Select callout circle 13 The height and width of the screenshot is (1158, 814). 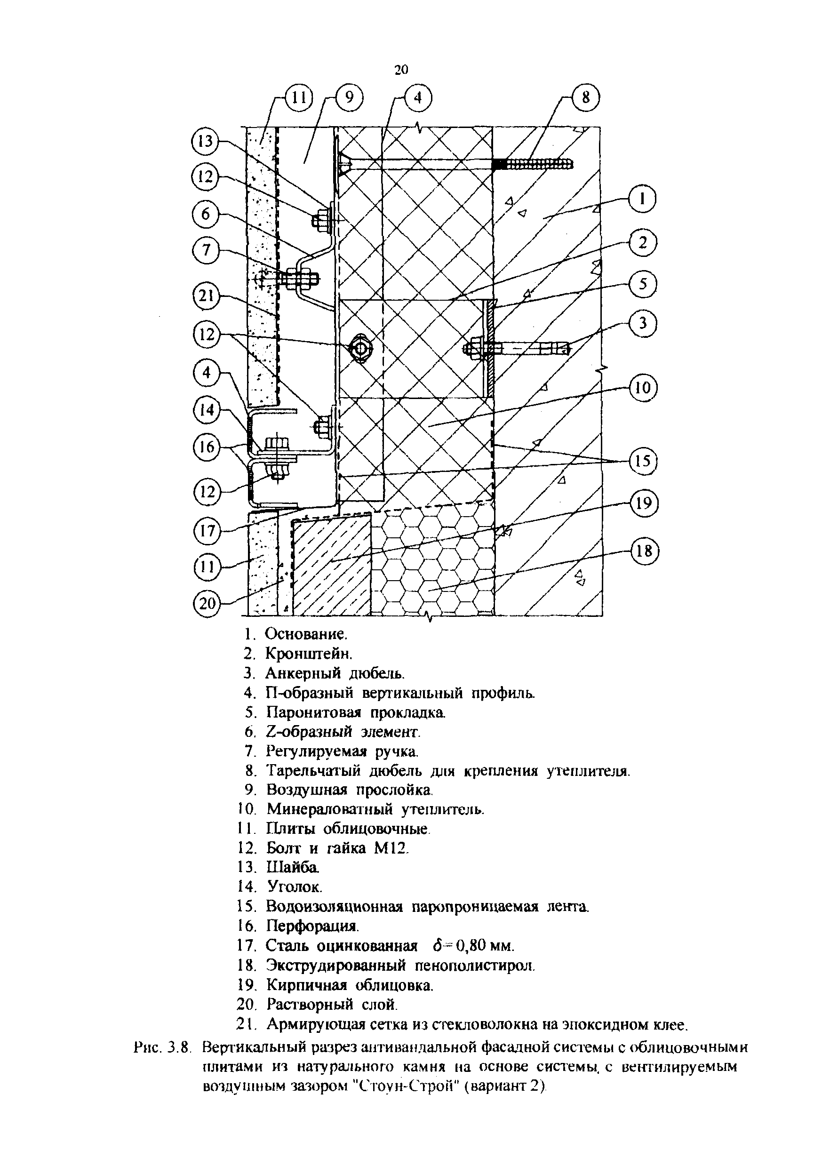(206, 142)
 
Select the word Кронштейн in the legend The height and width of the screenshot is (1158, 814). (308, 653)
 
